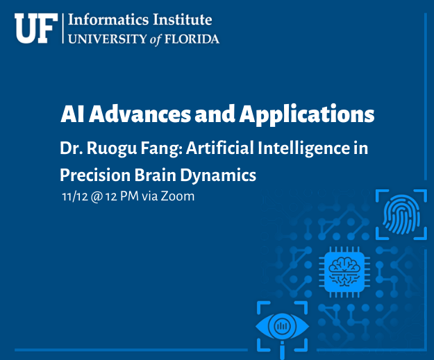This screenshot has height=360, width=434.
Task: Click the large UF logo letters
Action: tap(36, 28)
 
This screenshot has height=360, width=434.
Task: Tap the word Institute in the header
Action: tap(183, 20)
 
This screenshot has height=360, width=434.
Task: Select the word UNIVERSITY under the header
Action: tap(108, 39)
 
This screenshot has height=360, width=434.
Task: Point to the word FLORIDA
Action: tap(192, 39)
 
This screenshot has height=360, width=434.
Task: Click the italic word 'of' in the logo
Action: tap(156, 40)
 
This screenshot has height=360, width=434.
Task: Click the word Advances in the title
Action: tap(140, 114)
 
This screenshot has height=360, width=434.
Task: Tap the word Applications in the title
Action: tap(307, 115)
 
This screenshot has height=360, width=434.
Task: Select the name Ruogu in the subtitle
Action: tap(112, 148)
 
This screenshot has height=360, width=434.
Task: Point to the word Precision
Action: tap(95, 175)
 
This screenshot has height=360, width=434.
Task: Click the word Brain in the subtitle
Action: tap(156, 175)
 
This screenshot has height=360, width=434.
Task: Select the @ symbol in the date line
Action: tap(97, 197)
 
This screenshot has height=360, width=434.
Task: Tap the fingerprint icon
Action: tap(401, 214)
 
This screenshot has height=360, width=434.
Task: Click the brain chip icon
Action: tap(344, 272)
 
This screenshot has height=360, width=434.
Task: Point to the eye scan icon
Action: tap(283, 327)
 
